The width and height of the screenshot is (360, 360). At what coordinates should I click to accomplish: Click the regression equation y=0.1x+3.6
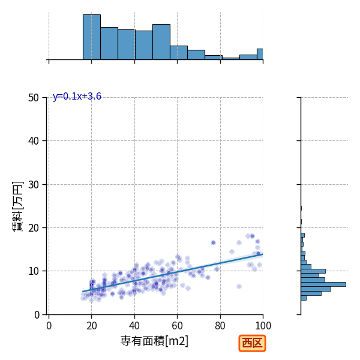tap(77, 97)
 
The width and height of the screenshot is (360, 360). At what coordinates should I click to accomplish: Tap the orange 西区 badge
tap(252, 343)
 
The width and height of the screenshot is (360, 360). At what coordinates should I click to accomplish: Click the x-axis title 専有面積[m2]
tap(154, 341)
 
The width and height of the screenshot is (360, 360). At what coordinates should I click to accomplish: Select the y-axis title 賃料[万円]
tap(17, 206)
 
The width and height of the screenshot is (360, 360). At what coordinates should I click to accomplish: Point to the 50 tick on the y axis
tap(34, 98)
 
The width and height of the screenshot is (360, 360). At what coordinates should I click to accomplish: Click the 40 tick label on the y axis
tap(34, 141)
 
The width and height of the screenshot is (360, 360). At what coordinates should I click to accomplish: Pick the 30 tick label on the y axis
tap(34, 185)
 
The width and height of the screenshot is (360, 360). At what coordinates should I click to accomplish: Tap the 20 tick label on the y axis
tap(34, 228)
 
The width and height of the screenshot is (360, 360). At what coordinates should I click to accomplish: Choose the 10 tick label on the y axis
tap(34, 271)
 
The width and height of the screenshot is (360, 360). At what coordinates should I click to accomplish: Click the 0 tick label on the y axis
tap(37, 315)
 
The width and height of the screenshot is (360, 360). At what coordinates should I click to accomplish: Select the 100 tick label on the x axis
tap(263, 326)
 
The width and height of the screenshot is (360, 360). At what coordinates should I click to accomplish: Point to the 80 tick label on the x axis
tap(220, 326)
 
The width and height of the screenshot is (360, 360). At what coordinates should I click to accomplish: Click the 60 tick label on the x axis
tap(177, 326)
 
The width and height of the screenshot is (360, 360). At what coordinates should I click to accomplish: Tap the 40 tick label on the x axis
tap(134, 326)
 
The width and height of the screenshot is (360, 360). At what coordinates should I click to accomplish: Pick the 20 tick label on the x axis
tap(92, 326)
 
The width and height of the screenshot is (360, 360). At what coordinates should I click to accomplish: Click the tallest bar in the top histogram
tap(92, 37)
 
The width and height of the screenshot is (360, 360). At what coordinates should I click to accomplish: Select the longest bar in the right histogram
tap(323, 284)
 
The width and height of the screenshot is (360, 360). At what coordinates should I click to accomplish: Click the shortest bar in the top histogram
tap(231, 59)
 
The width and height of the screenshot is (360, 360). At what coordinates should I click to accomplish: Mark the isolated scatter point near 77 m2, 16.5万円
tap(213, 242)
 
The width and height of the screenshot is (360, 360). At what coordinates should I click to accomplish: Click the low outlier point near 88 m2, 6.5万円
tap(239, 287)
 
